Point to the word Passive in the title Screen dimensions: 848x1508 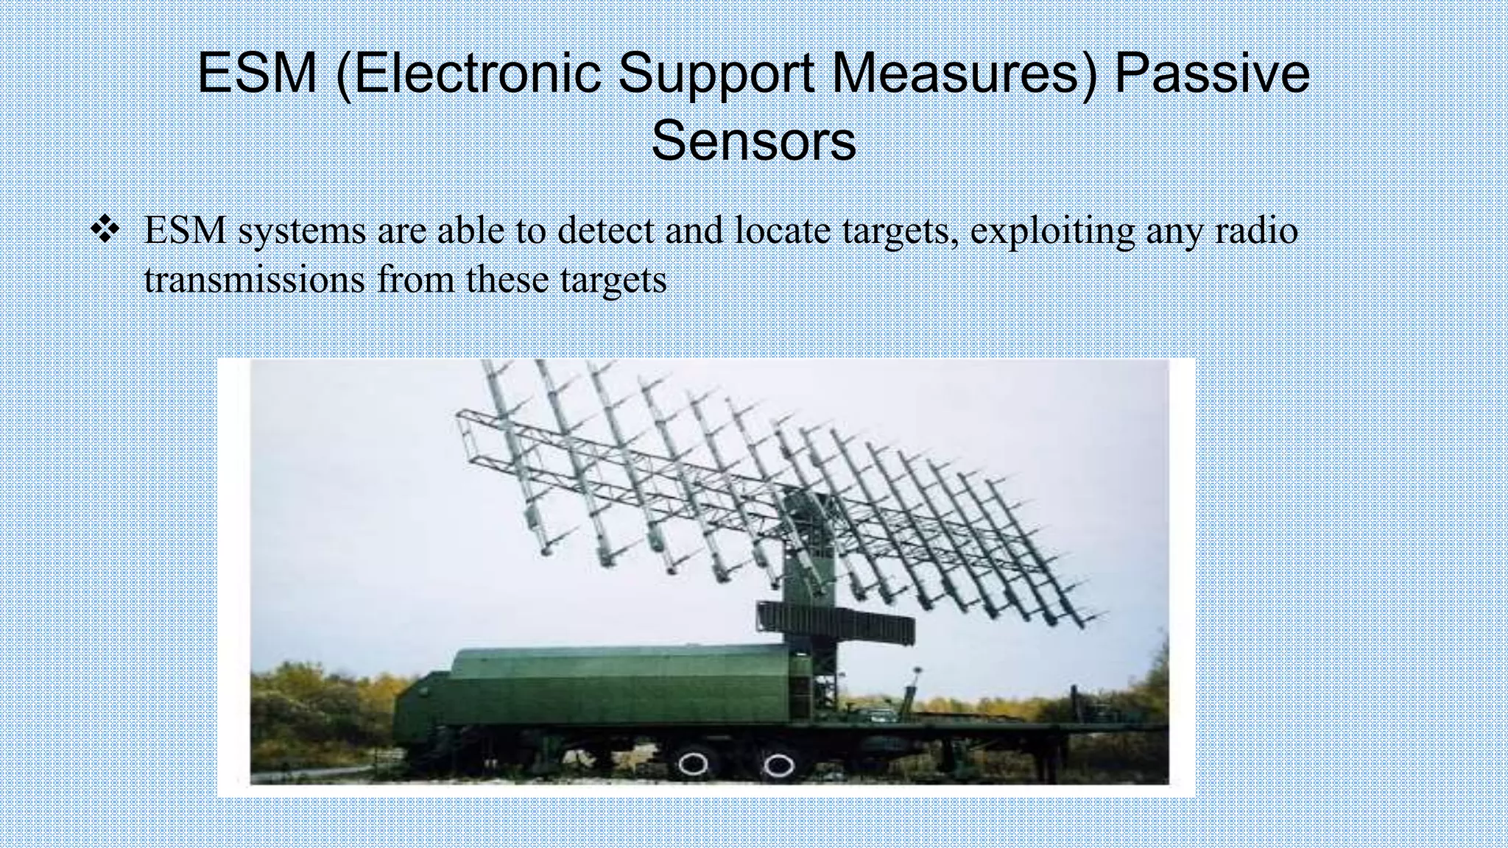[1211, 74]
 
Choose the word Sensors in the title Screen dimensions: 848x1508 [753, 141]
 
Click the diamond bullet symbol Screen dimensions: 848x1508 [105, 231]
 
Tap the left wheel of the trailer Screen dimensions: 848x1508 [693, 764]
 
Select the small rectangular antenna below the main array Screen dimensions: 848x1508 [836, 621]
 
